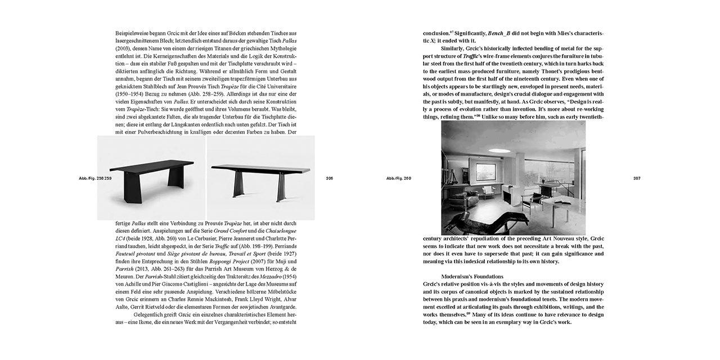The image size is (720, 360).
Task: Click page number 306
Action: click(330, 178)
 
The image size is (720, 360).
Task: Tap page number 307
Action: click(637, 178)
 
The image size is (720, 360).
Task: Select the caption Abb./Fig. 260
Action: click(399, 178)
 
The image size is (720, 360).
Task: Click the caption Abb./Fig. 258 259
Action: click(96, 178)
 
